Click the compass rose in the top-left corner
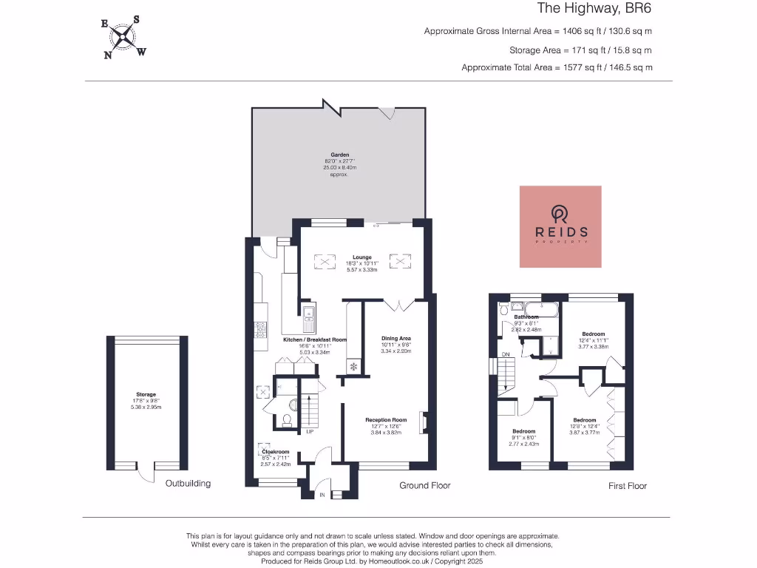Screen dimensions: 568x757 [x=123, y=37]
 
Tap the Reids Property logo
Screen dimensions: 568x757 [x=560, y=226]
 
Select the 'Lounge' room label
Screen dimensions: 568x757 [x=362, y=257]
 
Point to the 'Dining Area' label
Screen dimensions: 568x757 [x=396, y=339]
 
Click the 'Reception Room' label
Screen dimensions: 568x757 [x=386, y=420]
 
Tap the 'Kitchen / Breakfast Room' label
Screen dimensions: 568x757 [x=315, y=339]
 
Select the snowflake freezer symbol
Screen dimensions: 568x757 [x=353, y=366]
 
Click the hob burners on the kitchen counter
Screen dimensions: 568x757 [x=261, y=328]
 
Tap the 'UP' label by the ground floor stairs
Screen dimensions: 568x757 [x=310, y=432]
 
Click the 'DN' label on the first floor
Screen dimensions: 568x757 [x=506, y=355]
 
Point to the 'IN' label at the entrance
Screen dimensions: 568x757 [x=322, y=494]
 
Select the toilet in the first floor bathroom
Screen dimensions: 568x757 [x=504, y=309]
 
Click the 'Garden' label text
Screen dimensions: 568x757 [x=340, y=155]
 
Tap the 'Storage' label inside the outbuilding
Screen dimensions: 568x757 [x=146, y=395]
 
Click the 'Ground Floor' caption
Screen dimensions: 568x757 [x=424, y=485]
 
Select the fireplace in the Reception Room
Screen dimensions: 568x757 [x=423, y=422]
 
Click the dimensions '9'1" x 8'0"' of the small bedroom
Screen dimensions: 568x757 [x=523, y=437]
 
